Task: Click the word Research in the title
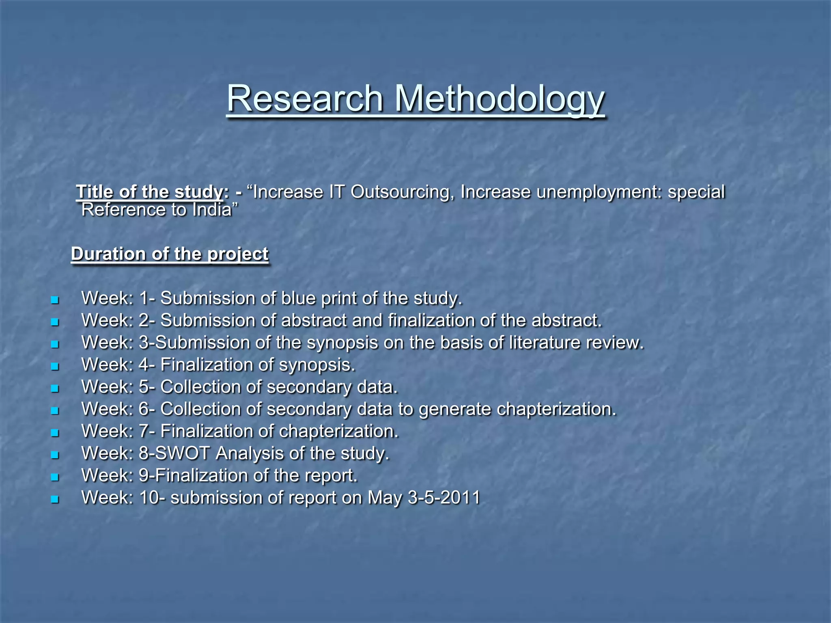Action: [305, 99]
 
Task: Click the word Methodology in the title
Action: [499, 99]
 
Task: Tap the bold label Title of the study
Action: [149, 192]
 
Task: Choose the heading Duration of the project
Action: [170, 254]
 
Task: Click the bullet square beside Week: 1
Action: [55, 301]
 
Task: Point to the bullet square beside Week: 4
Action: [55, 367]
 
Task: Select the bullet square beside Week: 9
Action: [55, 477]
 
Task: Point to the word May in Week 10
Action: [385, 498]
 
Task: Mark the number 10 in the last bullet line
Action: [149, 498]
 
